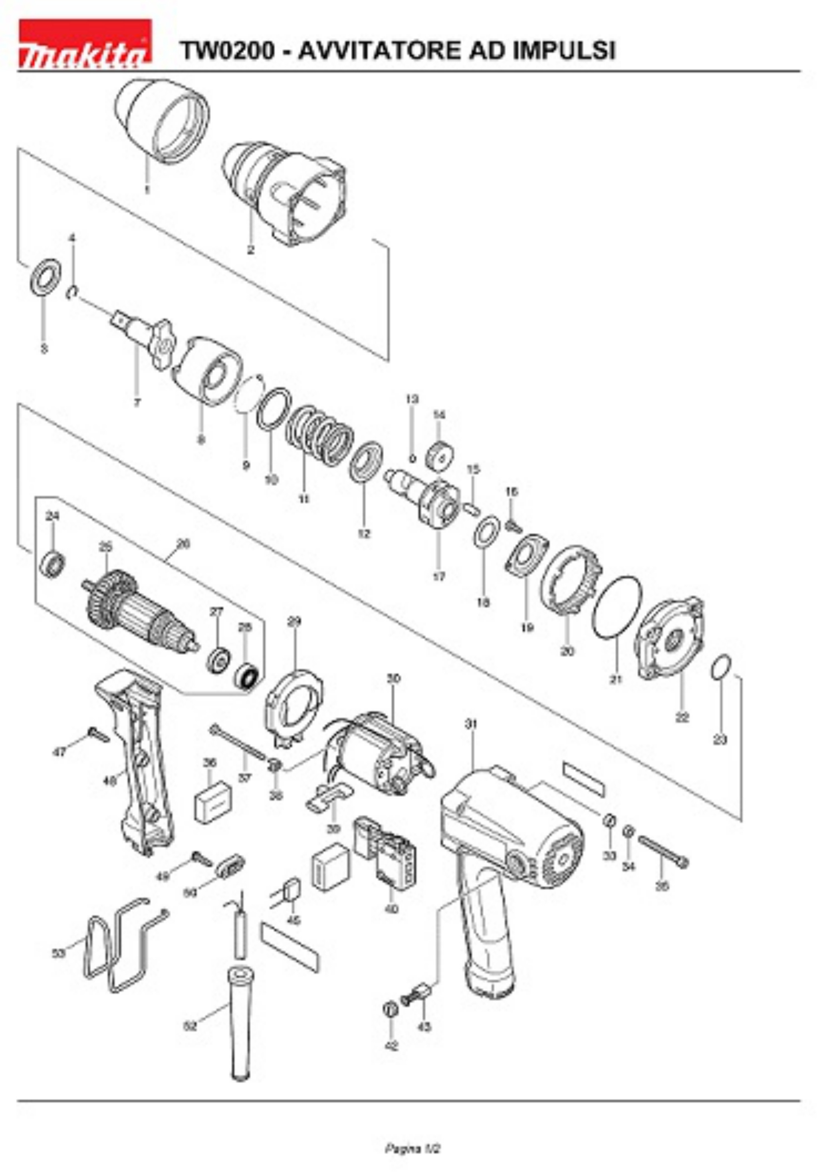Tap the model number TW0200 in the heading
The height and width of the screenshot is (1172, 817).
point(228,51)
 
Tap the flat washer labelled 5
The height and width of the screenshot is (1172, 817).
point(46,278)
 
